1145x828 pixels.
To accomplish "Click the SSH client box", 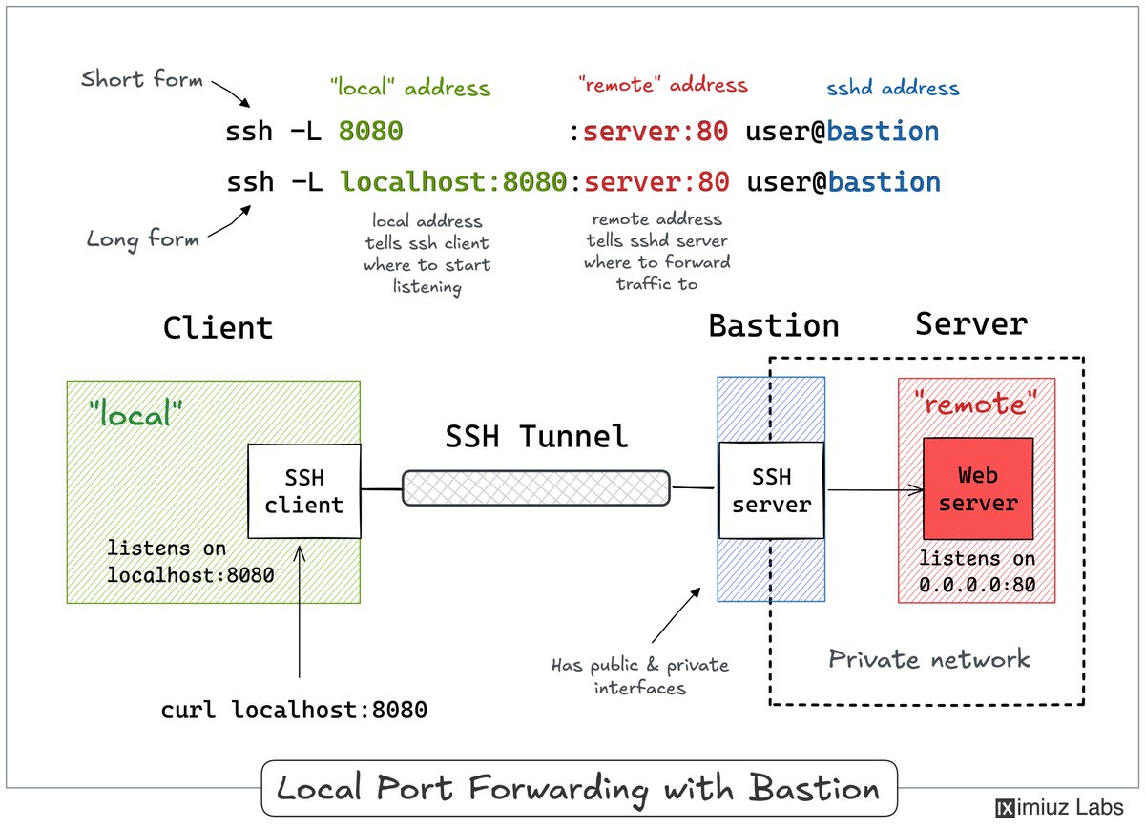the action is pyautogui.click(x=304, y=491).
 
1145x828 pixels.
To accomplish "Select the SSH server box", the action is pyautogui.click(x=771, y=490).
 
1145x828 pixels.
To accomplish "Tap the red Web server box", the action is pyautogui.click(x=978, y=488).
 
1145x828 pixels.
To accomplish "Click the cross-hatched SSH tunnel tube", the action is pyautogui.click(x=536, y=488).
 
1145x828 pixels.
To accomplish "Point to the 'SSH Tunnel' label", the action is pyautogui.click(x=536, y=437).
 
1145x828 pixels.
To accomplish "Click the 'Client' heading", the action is pyautogui.click(x=218, y=327).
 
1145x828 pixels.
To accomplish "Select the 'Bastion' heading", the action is pyautogui.click(x=774, y=325).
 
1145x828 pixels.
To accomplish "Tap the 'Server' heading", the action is pyautogui.click(x=971, y=323).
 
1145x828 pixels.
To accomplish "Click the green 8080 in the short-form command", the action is pyautogui.click(x=370, y=131).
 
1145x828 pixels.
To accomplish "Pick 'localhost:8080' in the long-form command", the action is pyautogui.click(x=453, y=181).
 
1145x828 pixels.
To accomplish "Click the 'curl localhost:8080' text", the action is pyautogui.click(x=294, y=710).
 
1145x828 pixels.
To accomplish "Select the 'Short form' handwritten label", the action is pyautogui.click(x=141, y=79).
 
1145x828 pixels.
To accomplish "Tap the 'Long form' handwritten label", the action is pyautogui.click(x=142, y=239).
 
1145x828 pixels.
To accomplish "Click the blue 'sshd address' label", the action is pyautogui.click(x=893, y=88).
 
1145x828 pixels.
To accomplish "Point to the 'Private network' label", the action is pyautogui.click(x=928, y=659).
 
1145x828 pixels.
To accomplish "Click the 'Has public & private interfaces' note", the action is pyautogui.click(x=640, y=676).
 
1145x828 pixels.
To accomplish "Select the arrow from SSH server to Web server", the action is pyautogui.click(x=875, y=490).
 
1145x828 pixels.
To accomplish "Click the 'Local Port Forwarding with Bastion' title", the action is pyautogui.click(x=578, y=789).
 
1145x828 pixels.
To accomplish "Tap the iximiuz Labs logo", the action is pyautogui.click(x=1059, y=808).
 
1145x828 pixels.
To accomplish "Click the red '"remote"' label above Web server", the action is pyautogui.click(x=975, y=404).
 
